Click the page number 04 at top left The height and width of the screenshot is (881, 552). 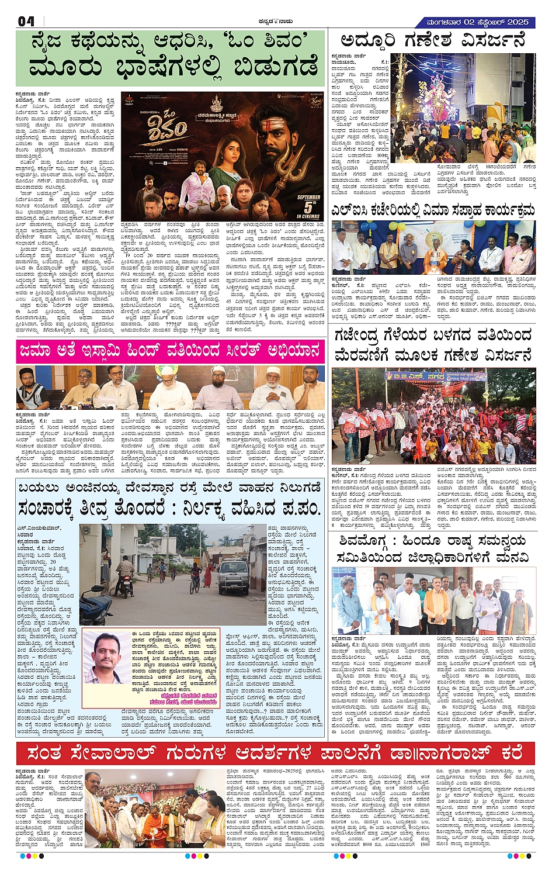[26, 22]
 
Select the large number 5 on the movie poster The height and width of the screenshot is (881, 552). [308, 207]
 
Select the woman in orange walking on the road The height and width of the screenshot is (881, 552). [207, 575]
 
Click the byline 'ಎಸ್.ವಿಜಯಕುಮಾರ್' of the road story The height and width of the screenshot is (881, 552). [37, 528]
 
